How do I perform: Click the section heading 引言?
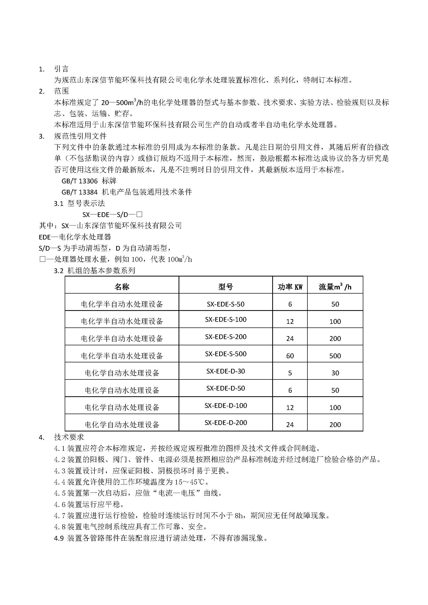click(61, 69)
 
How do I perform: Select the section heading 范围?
click(61, 91)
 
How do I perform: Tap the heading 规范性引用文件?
click(80, 136)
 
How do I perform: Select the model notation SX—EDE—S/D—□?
click(113, 214)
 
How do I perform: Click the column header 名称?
click(122, 287)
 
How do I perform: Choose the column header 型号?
click(226, 287)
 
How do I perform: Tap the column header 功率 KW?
click(290, 287)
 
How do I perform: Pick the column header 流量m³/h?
click(335, 287)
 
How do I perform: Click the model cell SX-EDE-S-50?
click(226, 304)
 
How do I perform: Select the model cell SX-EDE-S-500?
click(226, 354)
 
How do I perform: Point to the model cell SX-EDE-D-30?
click(226, 371)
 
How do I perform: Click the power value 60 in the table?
click(290, 356)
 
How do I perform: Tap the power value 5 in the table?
click(290, 373)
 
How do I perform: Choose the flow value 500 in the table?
click(335, 356)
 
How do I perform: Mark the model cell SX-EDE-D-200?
click(226, 422)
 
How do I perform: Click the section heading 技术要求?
click(69, 437)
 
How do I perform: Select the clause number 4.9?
click(59, 538)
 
